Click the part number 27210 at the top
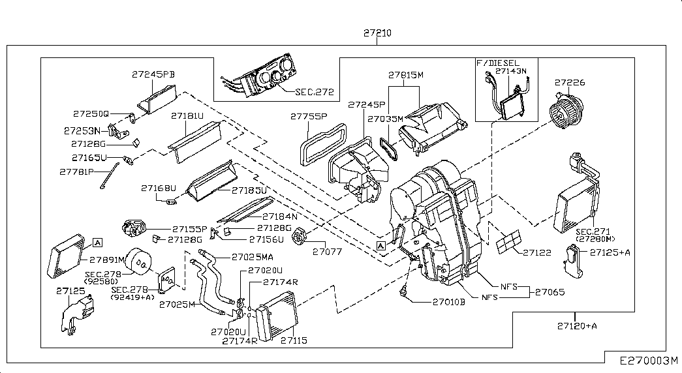[378, 33]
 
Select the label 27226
[570, 83]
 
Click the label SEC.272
[314, 92]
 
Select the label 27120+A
[577, 325]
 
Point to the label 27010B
[448, 302]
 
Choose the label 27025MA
[234, 257]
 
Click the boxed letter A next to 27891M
[97, 243]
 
